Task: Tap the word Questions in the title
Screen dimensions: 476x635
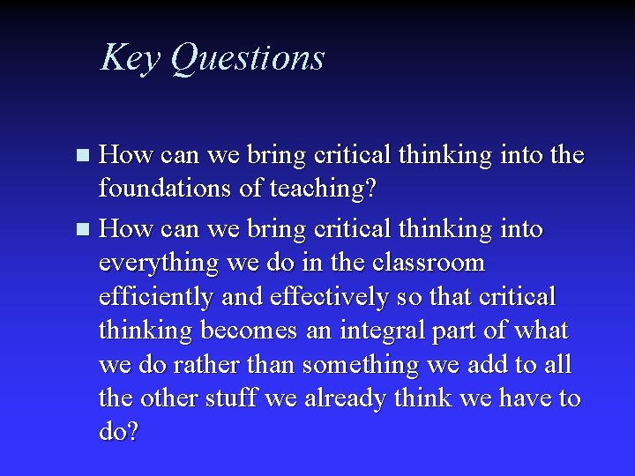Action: coord(247,58)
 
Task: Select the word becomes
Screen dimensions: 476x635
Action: coord(252,331)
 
